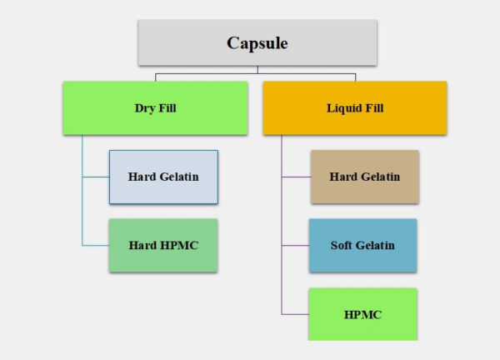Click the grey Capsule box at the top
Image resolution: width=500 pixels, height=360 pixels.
[257, 42]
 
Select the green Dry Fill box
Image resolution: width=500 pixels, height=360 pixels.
[155, 107]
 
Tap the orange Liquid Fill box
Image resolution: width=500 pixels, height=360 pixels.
[354, 107]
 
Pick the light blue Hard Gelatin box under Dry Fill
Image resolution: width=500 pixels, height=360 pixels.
[163, 177]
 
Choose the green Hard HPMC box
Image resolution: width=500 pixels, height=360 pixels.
[163, 245]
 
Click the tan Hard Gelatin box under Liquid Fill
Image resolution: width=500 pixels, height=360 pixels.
[364, 177]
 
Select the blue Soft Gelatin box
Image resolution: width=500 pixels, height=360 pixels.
[362, 245]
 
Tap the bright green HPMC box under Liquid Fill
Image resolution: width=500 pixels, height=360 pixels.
[362, 314]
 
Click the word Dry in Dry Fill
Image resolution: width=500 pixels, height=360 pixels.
[145, 108]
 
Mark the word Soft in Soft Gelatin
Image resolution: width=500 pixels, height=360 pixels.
[343, 246]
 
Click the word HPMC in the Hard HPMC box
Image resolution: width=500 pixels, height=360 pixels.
[180, 246]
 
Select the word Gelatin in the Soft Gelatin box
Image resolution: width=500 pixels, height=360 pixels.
[377, 246]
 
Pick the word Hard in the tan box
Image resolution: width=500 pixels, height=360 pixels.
[344, 177]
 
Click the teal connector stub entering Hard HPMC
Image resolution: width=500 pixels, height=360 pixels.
[95, 245]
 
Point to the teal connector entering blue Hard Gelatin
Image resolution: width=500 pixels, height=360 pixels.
[95, 177]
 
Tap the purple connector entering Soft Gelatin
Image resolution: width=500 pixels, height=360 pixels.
[295, 245]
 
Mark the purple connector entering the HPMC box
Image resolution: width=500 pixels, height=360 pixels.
[295, 314]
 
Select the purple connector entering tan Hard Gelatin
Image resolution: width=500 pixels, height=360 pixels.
[296, 177]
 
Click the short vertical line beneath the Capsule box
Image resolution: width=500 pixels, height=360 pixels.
[257, 70]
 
